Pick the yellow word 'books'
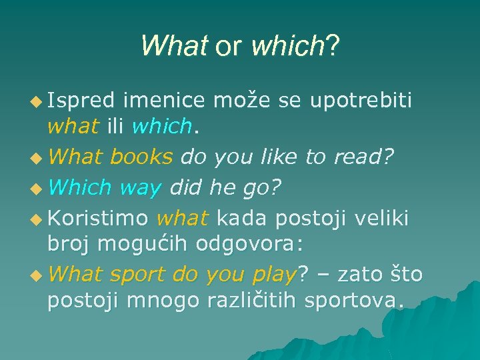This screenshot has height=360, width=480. coord(141,157)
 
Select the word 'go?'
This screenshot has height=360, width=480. coord(261,189)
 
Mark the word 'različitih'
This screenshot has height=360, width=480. coord(252,302)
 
